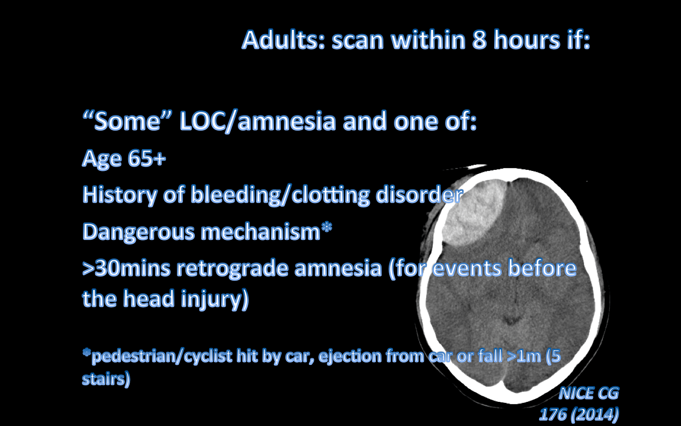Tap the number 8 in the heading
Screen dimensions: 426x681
(479, 40)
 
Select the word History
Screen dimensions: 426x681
(119, 195)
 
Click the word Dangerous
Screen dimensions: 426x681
(139, 232)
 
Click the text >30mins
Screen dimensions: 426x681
(126, 268)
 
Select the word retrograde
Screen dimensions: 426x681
(232, 268)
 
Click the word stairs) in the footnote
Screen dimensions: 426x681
(106, 379)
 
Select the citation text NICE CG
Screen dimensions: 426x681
(588, 393)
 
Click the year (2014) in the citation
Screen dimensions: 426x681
(594, 415)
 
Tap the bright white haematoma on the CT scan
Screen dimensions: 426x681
(473, 213)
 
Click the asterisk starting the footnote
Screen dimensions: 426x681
(86, 353)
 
